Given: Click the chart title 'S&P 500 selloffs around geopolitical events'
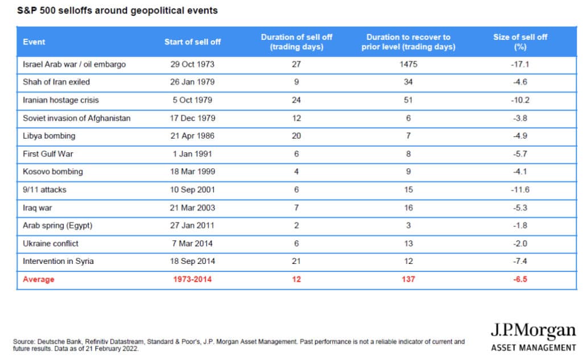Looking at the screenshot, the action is tap(117, 10).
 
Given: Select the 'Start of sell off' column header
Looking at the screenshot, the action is tap(192, 42).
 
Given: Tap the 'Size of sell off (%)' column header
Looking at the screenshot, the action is tap(520, 42).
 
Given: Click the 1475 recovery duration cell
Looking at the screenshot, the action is tap(408, 64).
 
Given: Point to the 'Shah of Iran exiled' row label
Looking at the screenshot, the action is tap(56, 82).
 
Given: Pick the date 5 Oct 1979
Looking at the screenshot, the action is tap(192, 100).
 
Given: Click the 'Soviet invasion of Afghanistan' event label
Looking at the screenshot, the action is tap(77, 118).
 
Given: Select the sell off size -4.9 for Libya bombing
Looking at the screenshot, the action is tap(520, 135).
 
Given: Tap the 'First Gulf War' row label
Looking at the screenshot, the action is tap(48, 154).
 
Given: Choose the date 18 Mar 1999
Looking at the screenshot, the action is tap(192, 171).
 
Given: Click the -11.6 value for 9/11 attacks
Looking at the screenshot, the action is tap(520, 190).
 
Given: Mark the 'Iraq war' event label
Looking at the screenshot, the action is tap(38, 208).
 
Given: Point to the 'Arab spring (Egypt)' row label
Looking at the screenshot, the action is tap(57, 226).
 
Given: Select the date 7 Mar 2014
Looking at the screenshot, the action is tap(192, 243).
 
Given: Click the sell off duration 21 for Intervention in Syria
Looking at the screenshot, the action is tap(296, 261).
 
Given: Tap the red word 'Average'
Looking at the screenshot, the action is tap(39, 279).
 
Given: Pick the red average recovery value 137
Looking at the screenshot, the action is tap(408, 279).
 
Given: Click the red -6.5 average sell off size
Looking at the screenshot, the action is tap(520, 279).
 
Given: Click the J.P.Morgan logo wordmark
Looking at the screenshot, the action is tap(533, 331).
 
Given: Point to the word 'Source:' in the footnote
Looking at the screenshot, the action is tap(24, 342).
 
